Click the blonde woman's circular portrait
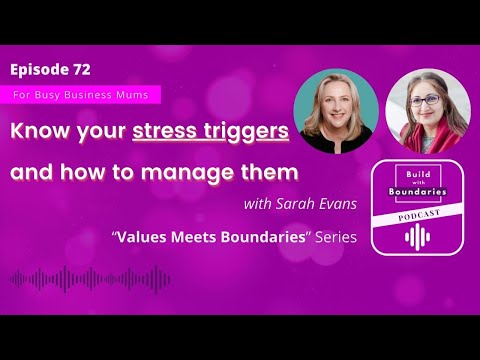[335, 111]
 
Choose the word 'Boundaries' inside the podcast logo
[417, 191]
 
